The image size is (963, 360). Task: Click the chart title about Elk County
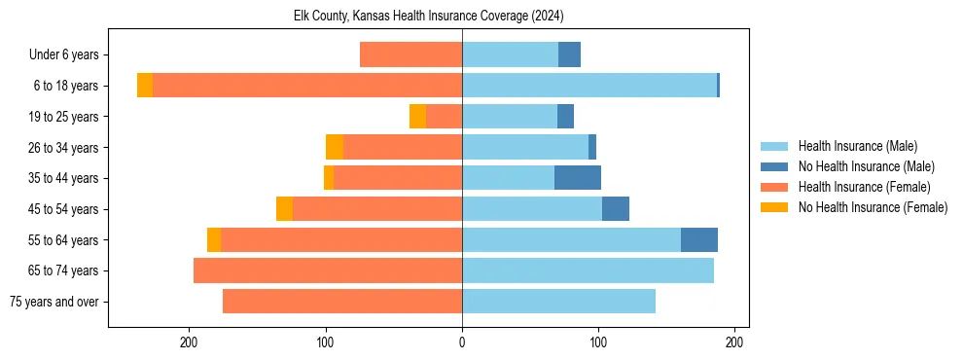[428, 17]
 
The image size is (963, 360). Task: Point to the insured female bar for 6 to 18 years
[306, 86]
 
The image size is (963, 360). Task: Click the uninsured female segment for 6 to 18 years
[145, 86]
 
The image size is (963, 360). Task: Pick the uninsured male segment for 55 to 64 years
[699, 239]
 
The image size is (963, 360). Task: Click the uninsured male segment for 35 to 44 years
[578, 178]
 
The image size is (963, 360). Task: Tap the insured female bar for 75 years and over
[342, 302]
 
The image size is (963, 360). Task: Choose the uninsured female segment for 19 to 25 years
[417, 117]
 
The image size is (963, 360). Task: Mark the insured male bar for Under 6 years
[510, 54]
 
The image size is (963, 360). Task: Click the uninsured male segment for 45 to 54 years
[616, 209]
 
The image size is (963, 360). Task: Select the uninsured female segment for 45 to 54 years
[284, 209]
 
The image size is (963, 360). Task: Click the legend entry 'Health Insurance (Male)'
[857, 146]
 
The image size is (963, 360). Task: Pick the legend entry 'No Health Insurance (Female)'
[873, 207]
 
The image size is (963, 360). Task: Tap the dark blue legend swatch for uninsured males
[774, 166]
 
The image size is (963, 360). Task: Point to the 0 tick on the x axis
[462, 342]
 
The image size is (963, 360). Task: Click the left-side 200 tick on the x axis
[190, 342]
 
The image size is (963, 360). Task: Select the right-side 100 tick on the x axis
[598, 342]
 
